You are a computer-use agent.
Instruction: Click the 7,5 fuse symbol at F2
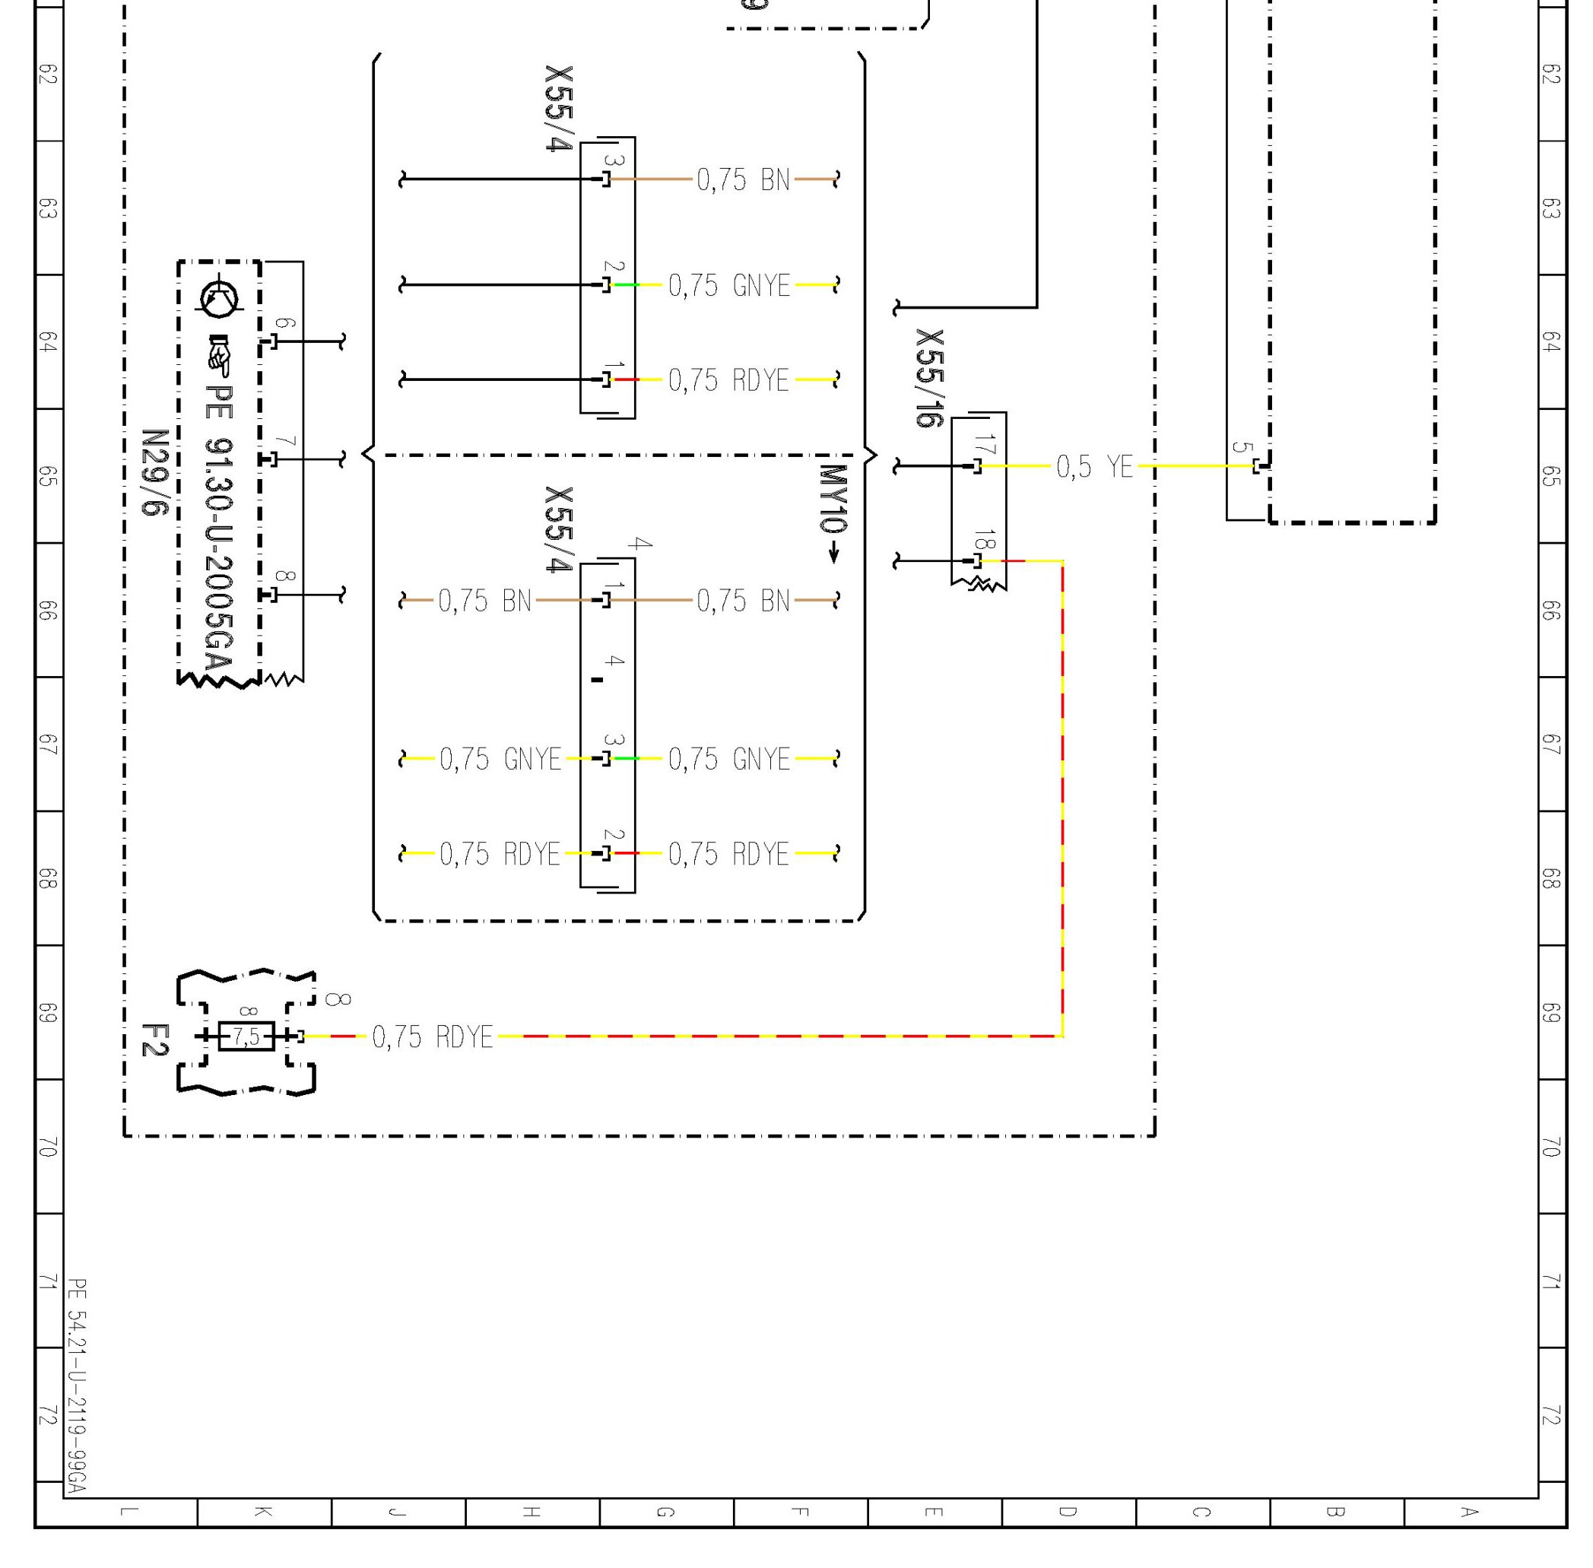pyautogui.click(x=246, y=1035)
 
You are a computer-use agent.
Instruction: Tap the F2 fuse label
pyautogui.click(x=154, y=1040)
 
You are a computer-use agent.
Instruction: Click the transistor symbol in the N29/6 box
pyautogui.click(x=220, y=297)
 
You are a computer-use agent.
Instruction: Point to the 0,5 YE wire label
pyautogui.click(x=1095, y=467)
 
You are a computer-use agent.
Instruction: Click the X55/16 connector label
pyautogui.click(x=929, y=378)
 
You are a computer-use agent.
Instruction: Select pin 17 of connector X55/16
pyautogui.click(x=978, y=466)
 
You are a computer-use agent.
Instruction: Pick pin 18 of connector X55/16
pyautogui.click(x=978, y=561)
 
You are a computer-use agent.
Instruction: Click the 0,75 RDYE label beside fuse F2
pyautogui.click(x=433, y=1036)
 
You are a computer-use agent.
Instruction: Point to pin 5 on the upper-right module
pyautogui.click(x=1257, y=466)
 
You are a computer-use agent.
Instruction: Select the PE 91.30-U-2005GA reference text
pyautogui.click(x=219, y=527)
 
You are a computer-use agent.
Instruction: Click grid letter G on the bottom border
pyautogui.click(x=665, y=1512)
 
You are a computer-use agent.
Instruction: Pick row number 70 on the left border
pyautogui.click(x=48, y=1147)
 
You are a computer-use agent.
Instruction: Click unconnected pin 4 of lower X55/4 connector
pyautogui.click(x=598, y=679)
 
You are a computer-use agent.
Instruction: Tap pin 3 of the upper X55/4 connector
pyautogui.click(x=607, y=179)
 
